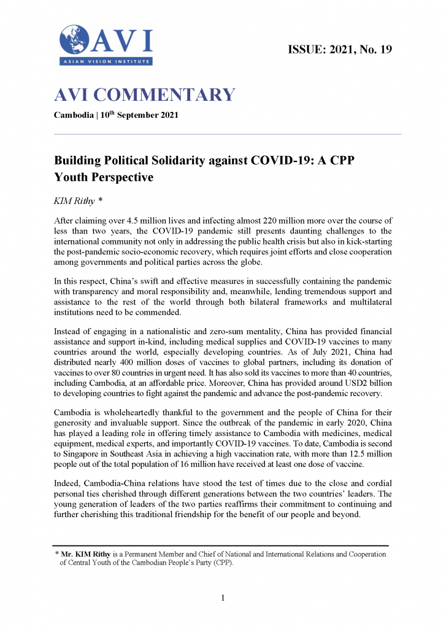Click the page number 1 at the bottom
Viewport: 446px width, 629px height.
point(223,598)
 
